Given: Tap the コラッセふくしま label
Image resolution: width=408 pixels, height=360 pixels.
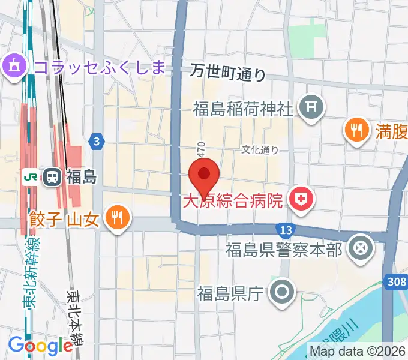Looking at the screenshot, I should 99,66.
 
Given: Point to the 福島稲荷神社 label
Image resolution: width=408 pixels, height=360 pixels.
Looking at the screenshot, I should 243,109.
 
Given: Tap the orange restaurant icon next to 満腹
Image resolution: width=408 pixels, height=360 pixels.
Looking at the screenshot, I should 358,129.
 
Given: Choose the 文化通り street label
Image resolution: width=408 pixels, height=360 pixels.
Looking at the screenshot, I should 260,150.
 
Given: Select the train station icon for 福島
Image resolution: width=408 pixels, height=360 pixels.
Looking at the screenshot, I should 52,177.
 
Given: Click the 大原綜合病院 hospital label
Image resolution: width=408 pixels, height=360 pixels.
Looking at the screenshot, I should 232,200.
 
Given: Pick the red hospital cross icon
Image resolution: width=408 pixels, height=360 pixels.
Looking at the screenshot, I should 300,200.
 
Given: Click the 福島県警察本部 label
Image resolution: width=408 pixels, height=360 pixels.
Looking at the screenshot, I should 284,249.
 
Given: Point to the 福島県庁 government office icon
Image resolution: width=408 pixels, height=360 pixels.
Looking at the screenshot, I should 281,293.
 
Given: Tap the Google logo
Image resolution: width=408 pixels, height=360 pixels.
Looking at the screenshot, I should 40,346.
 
